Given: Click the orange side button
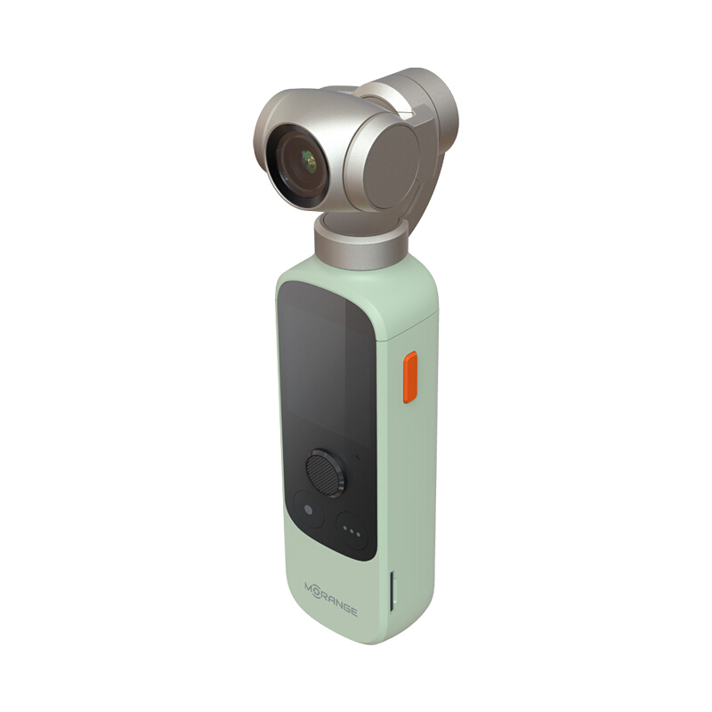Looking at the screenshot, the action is pos(410,376).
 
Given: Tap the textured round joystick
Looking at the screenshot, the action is pos(323,473).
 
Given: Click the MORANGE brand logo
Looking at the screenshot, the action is pos(330,598).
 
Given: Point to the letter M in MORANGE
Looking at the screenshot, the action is pos(309,587).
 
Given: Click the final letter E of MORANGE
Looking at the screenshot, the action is pos(353,612).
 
